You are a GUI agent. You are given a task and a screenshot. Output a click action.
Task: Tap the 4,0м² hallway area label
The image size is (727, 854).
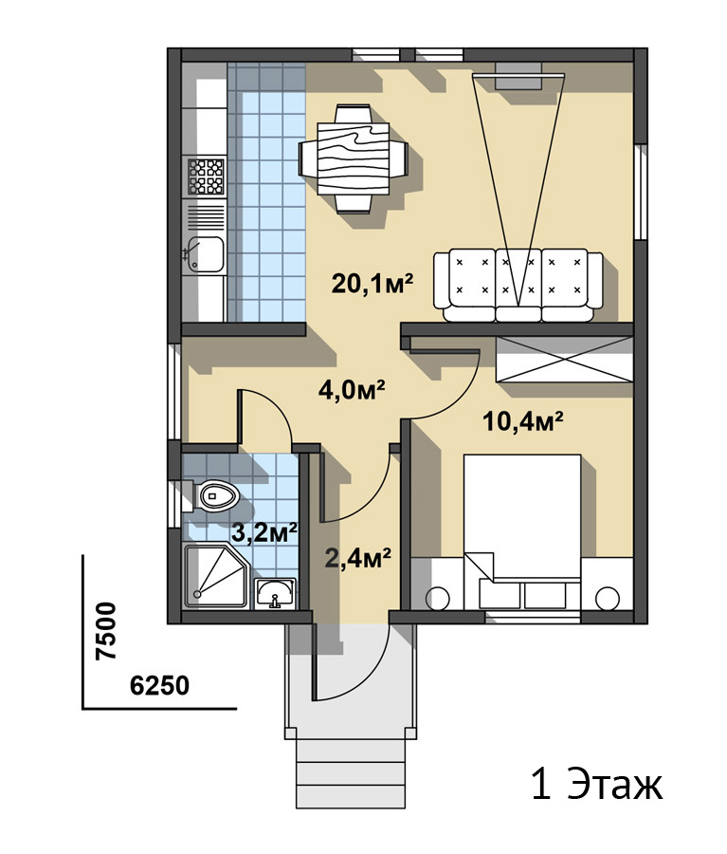[352, 390]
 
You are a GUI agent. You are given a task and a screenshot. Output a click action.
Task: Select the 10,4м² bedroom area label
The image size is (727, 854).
[522, 421]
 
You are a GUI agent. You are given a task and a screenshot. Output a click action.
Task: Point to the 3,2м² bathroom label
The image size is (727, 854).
[264, 532]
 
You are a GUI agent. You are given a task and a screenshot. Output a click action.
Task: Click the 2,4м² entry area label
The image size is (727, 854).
[357, 558]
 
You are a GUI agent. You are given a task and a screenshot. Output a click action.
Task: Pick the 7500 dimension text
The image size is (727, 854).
[105, 631]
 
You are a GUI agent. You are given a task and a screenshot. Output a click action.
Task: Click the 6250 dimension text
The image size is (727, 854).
[159, 686]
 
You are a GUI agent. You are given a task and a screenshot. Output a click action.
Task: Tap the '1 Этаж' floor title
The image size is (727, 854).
[597, 785]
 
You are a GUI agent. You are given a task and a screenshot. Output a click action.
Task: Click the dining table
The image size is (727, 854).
[354, 158]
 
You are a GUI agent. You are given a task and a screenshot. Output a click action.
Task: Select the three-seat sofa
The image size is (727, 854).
[518, 286]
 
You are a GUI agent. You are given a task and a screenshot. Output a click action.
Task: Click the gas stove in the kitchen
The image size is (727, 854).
[207, 176]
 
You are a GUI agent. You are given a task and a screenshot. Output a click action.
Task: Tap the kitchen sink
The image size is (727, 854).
[205, 254]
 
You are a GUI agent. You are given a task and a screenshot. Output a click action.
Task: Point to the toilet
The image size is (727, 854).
[214, 495]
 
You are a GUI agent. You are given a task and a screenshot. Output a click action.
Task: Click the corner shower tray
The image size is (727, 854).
[216, 576]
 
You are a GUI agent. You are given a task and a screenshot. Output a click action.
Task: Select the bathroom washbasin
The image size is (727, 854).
[276, 593]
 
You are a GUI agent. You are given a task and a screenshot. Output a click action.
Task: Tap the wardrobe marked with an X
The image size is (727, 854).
[564, 360]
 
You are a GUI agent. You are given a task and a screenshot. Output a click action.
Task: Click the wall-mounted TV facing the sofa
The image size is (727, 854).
[518, 75]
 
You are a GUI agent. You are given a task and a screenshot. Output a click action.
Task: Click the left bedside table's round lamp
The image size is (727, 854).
[437, 599]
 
